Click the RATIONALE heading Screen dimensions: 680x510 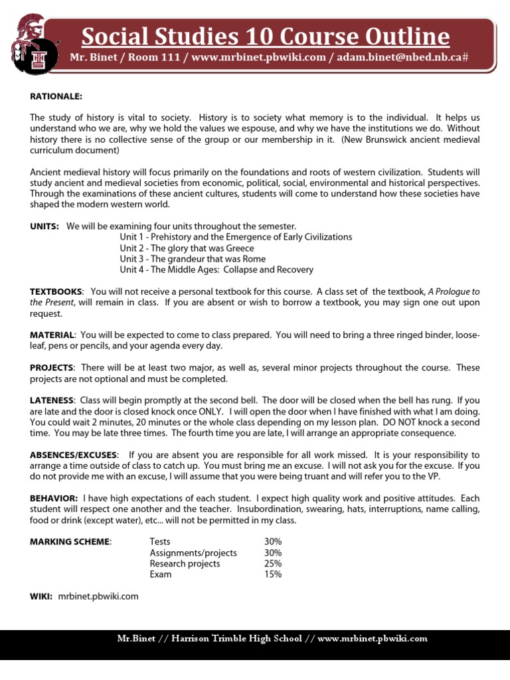coord(56,96)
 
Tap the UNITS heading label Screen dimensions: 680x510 coord(44,226)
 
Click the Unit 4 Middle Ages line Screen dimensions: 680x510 coord(216,270)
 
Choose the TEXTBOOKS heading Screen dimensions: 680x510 coord(57,292)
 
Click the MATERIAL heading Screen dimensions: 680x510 coord(53,335)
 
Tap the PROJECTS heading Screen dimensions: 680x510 coord(52,368)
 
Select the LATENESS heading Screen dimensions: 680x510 coord(52,400)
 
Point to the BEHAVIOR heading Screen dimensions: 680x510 coord(54,498)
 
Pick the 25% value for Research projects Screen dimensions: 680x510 coord(273,564)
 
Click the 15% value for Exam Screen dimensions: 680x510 coord(273,574)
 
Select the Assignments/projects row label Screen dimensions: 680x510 coord(193,552)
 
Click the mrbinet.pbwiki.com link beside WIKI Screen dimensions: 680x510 coord(98,596)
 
